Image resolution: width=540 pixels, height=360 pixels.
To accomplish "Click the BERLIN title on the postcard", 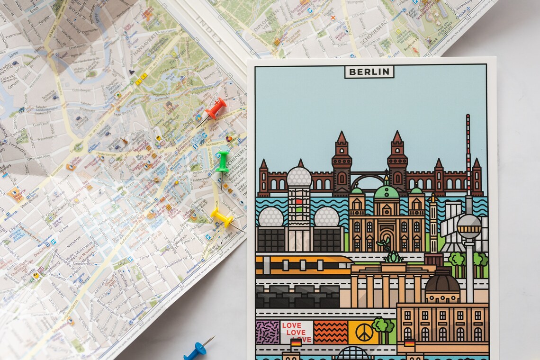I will [369, 72].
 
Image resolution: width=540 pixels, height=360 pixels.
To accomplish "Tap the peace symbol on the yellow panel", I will [363, 332].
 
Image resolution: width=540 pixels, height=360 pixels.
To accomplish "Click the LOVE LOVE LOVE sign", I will [296, 332].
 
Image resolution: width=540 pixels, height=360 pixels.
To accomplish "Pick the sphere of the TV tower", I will [468, 226].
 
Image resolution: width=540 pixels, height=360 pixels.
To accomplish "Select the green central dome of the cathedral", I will [386, 191].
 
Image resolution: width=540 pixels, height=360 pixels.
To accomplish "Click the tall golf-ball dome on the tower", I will [299, 177].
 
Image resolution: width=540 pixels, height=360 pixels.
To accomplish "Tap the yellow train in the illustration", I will [303, 265].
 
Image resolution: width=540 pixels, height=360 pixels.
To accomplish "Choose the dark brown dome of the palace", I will [442, 283].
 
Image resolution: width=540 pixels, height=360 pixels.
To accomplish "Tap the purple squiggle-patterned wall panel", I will [267, 332].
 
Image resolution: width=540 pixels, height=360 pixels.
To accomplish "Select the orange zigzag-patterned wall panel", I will [330, 332].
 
